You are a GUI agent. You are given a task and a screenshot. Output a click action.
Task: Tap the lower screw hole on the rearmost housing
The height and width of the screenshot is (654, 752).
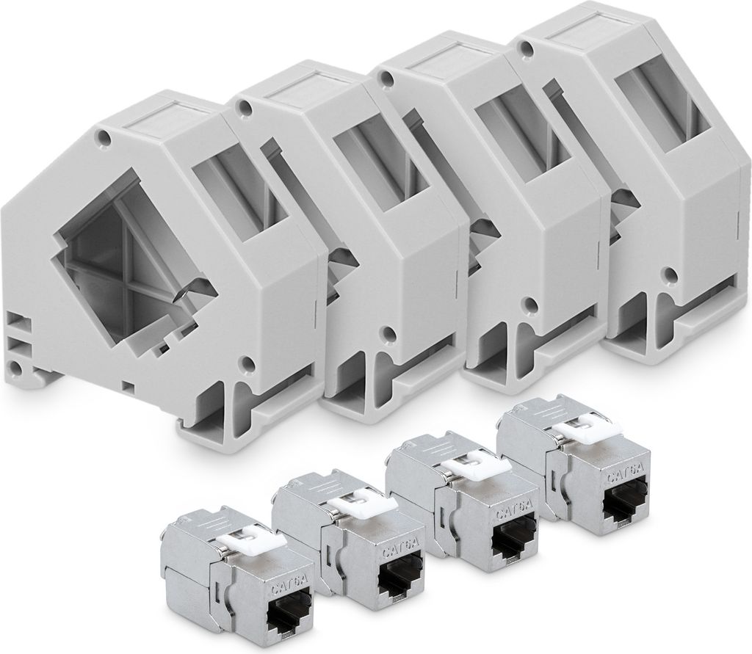tap(669, 275)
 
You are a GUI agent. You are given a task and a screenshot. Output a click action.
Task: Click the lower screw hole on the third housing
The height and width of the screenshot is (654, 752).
tap(527, 302)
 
